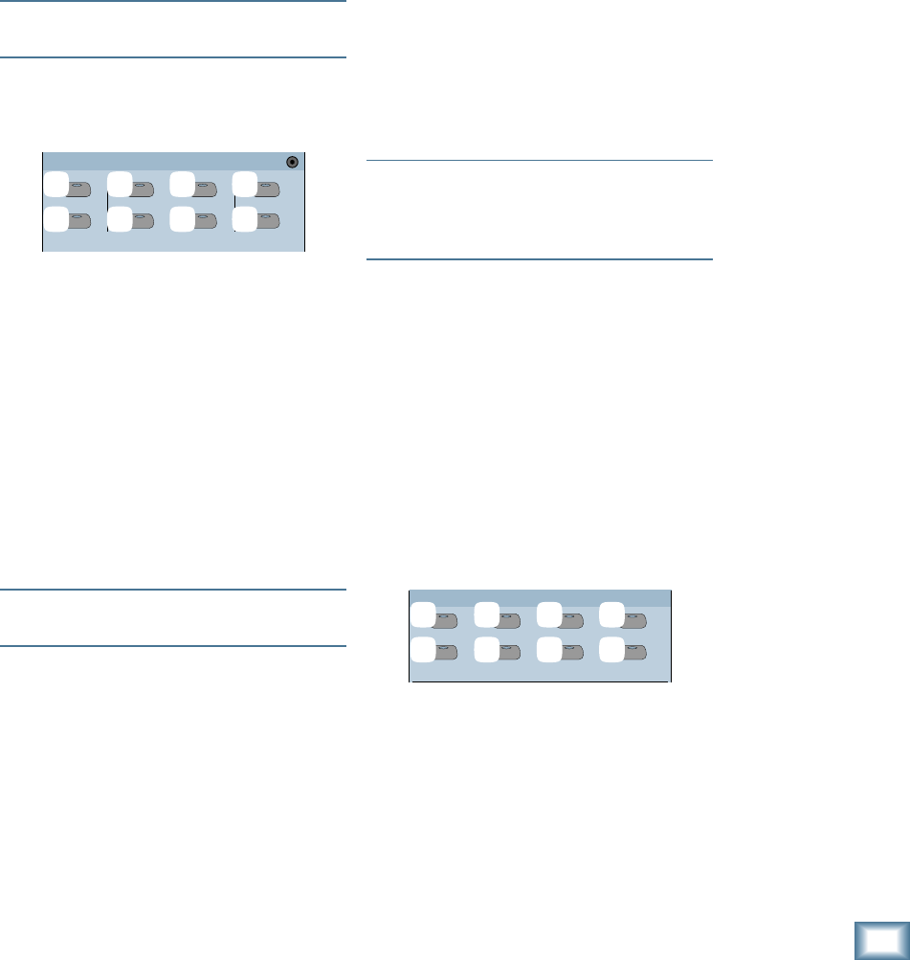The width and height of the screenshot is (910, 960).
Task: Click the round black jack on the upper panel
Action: [293, 162]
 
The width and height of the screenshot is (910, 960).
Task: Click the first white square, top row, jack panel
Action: [56, 183]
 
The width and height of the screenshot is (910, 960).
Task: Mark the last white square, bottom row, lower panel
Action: [611, 648]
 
